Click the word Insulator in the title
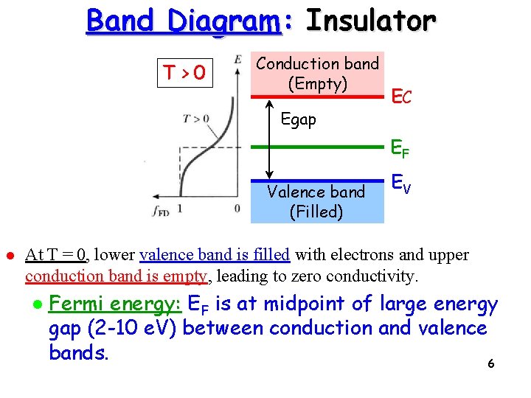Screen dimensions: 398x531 [x=370, y=20]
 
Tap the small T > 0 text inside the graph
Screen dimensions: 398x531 [x=196, y=119]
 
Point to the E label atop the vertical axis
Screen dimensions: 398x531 [x=237, y=58]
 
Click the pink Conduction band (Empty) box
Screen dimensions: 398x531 [x=317, y=74]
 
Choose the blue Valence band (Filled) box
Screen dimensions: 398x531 [x=317, y=201]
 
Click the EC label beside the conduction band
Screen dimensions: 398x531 [x=402, y=96]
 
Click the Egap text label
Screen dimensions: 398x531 [x=299, y=119]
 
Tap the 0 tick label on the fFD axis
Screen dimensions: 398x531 [x=237, y=209]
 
